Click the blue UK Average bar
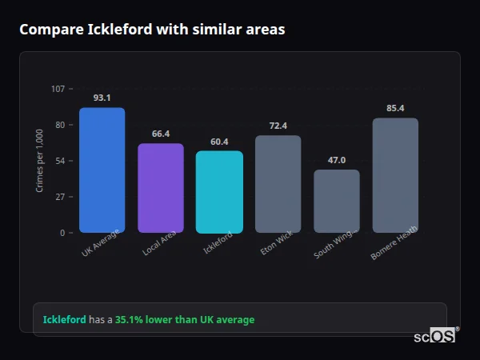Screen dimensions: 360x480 102,170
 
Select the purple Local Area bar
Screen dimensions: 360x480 161,188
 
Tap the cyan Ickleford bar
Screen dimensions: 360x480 219,192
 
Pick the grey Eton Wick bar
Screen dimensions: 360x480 278,184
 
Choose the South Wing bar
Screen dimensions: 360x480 337,201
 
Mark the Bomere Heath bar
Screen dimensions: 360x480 395,175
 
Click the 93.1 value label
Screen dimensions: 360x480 102,98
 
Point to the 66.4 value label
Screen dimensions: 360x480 161,134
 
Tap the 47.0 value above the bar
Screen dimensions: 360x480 337,160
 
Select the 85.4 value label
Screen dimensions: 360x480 395,108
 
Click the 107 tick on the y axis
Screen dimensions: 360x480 58,89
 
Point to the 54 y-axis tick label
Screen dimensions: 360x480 60,161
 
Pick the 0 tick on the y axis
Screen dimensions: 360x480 62,233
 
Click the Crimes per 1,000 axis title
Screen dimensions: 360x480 40,161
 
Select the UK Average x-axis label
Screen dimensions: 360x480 100,243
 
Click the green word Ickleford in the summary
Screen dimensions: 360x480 64,320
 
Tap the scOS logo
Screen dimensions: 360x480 434,337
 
